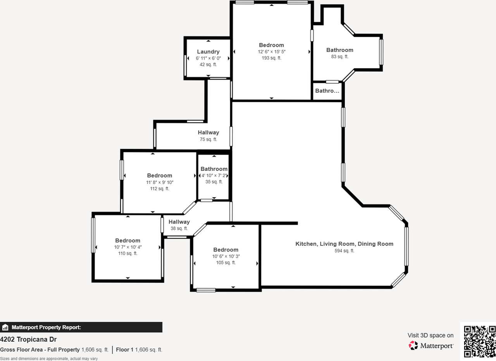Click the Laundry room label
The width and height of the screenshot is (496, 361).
(208, 52)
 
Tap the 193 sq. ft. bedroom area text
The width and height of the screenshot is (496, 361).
(272, 58)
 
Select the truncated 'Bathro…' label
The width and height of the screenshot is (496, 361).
(327, 91)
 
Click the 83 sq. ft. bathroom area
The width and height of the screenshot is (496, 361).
(340, 57)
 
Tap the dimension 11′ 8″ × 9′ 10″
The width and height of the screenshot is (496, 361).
(160, 182)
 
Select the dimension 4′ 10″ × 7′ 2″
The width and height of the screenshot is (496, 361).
(214, 175)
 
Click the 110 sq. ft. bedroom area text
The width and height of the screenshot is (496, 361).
(128, 253)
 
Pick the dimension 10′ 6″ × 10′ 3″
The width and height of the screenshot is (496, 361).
(226, 256)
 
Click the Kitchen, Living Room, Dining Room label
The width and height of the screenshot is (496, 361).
(344, 244)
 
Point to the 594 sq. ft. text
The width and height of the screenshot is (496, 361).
(344, 251)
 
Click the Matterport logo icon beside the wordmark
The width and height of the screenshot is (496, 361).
(413, 345)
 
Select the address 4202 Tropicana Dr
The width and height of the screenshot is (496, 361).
(28, 339)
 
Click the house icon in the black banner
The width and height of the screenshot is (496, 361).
(5, 327)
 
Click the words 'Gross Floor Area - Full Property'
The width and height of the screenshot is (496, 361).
(40, 350)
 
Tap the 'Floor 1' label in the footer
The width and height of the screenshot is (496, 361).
(125, 350)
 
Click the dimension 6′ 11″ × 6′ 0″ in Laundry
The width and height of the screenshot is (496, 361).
(208, 58)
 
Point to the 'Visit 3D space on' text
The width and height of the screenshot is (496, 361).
(431, 335)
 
